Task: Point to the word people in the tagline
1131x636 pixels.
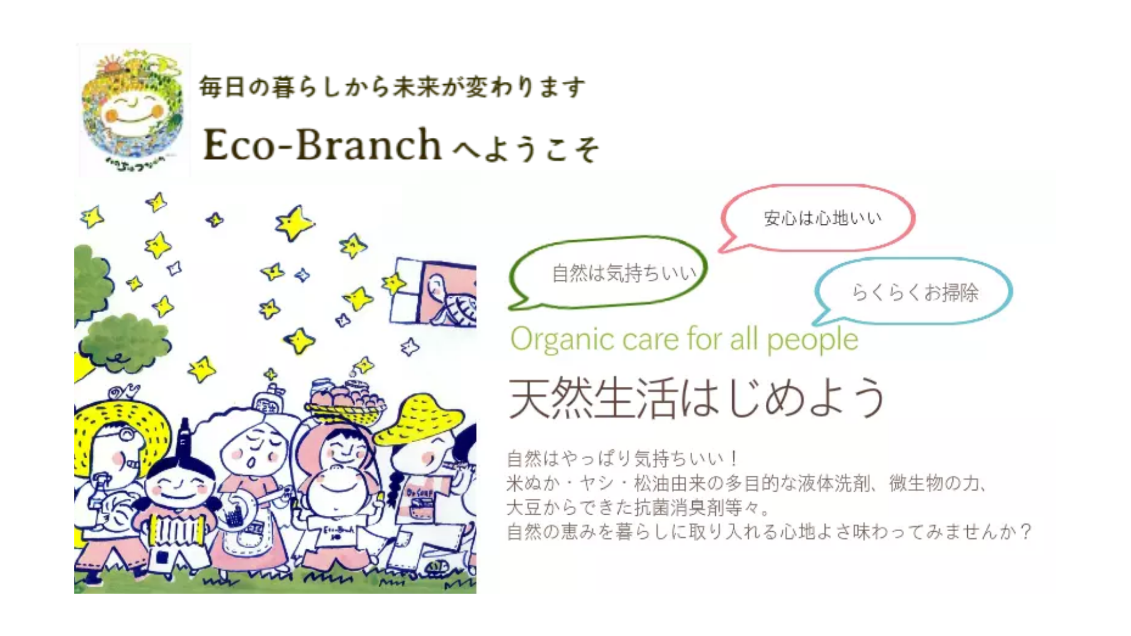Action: pyautogui.click(x=812, y=340)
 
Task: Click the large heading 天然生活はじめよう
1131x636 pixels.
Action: pyautogui.click(x=697, y=398)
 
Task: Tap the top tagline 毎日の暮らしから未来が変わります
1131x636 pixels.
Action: pyautogui.click(x=392, y=87)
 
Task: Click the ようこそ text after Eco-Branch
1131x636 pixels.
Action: pyautogui.click(x=527, y=148)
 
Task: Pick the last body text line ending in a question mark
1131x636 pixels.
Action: pyautogui.click(x=769, y=532)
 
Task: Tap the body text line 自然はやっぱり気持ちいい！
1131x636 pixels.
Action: pyautogui.click(x=622, y=458)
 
